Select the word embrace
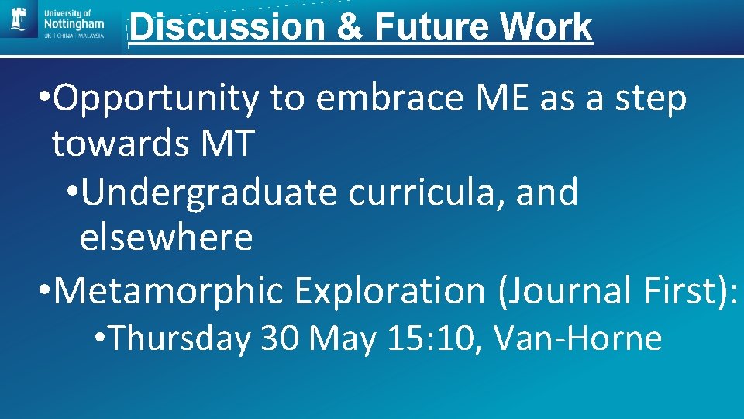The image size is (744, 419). pyautogui.click(x=369, y=99)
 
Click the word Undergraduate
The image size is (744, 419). pyautogui.click(x=209, y=192)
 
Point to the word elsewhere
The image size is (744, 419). pyautogui.click(x=166, y=237)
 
